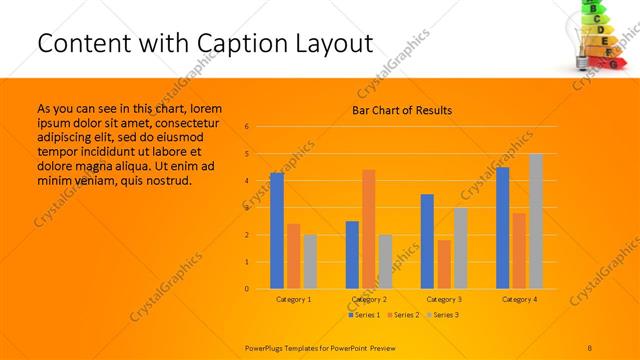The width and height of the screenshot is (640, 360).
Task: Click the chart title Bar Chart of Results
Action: pos(402,110)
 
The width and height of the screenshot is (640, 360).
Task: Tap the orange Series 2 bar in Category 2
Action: pos(369,229)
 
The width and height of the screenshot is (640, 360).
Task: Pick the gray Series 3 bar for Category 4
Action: pos(536,221)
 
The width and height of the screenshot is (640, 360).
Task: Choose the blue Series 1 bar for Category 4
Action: pos(502,228)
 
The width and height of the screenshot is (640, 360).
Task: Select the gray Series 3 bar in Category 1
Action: pos(310,261)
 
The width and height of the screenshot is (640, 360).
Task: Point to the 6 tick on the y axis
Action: pos(246,127)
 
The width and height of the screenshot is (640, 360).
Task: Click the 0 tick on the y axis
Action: pos(246,289)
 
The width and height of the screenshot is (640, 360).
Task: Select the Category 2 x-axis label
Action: pos(369,300)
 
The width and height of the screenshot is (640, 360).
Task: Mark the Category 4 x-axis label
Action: pos(519,300)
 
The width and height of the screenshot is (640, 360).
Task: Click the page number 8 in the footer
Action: pos(590,346)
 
